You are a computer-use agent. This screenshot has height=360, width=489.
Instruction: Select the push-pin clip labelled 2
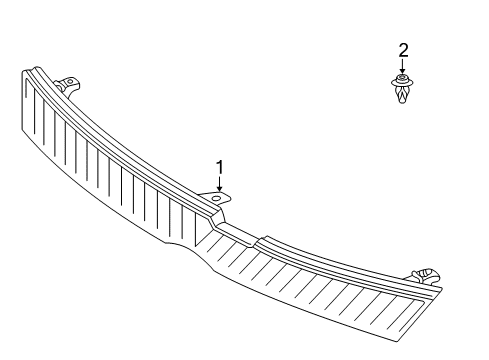pos(402,89)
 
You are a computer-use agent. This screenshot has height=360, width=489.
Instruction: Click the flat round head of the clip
pos(402,79)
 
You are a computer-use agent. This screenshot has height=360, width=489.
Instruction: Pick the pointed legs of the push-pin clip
pos(402,95)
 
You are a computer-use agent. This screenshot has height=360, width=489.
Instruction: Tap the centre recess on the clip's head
pos(402,78)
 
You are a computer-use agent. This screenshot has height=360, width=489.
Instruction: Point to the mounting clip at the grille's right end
pos(426,274)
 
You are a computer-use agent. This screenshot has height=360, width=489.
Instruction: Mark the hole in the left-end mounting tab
pos(70,80)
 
